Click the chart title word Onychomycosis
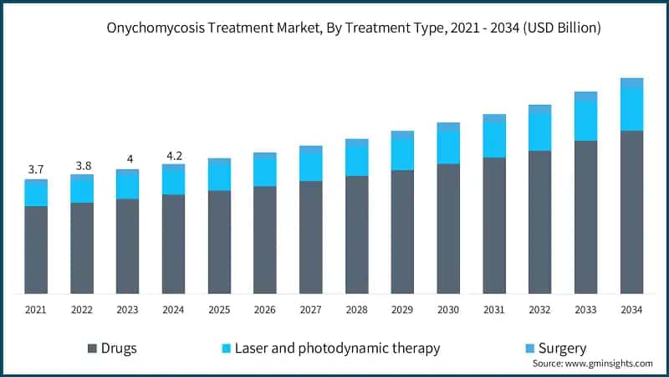click(156, 28)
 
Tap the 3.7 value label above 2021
click(36, 169)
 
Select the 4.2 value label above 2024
click(173, 154)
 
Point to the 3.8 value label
click(82, 165)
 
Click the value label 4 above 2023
click(128, 159)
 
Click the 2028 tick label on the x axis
click(357, 310)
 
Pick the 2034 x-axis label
click(631, 310)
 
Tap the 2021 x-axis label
click(36, 310)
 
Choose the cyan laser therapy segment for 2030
click(448, 147)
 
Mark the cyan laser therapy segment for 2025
click(219, 177)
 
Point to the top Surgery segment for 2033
click(585, 96)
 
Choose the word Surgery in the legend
click(562, 349)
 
